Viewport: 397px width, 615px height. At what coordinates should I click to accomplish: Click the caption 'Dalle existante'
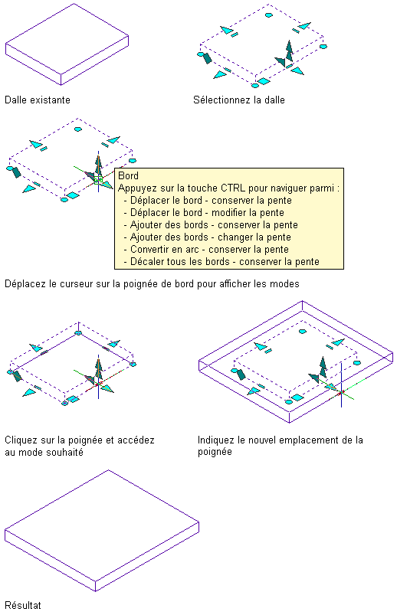pyautogui.click(x=38, y=100)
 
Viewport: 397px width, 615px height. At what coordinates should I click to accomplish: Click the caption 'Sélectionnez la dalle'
pyautogui.click(x=239, y=100)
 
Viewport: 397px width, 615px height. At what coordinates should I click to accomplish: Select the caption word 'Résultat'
pyautogui.click(x=23, y=605)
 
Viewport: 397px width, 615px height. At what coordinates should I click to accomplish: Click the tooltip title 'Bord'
pyautogui.click(x=129, y=175)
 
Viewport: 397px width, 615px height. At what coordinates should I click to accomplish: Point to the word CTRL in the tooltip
pyautogui.click(x=233, y=188)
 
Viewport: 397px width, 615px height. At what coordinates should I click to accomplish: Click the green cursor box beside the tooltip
pyautogui.click(x=98, y=180)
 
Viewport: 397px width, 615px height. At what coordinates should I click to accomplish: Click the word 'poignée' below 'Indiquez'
pyautogui.click(x=215, y=452)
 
